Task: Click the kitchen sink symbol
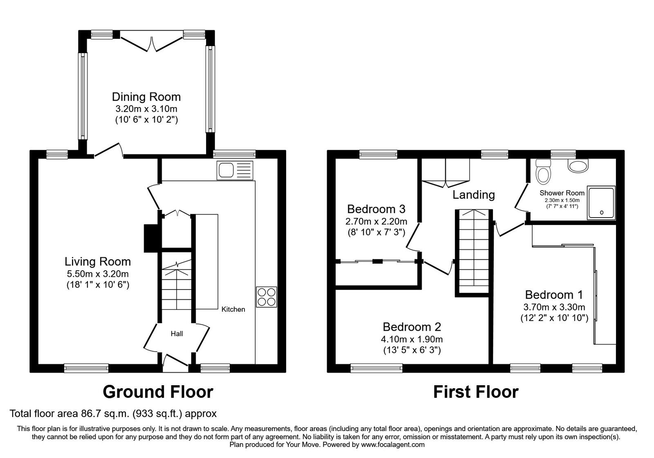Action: pyautogui.click(x=235, y=170)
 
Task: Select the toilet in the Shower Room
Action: pyautogui.click(x=543, y=172)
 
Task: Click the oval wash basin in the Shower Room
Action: pyautogui.click(x=578, y=166)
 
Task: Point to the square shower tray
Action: pyautogui.click(x=601, y=203)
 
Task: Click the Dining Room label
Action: pyautogui.click(x=146, y=97)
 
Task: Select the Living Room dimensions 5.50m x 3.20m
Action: pyautogui.click(x=98, y=274)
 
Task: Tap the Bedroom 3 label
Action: pyautogui.click(x=376, y=209)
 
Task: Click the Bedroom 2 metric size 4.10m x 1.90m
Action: pyautogui.click(x=412, y=339)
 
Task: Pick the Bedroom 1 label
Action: pyautogui.click(x=554, y=294)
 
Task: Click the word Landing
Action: pyautogui.click(x=473, y=195)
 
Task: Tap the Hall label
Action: pyautogui.click(x=177, y=334)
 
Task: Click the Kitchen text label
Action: pyautogui.click(x=233, y=310)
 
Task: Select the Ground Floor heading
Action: pyautogui.click(x=158, y=392)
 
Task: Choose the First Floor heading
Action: pyautogui.click(x=475, y=392)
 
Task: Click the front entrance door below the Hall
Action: pyautogui.click(x=175, y=362)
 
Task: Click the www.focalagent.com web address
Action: pyautogui.click(x=393, y=445)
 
